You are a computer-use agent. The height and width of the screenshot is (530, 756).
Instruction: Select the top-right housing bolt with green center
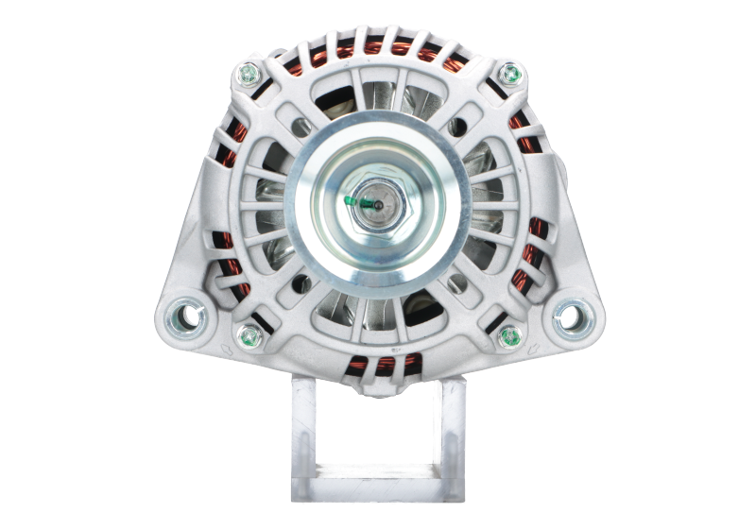(510, 73)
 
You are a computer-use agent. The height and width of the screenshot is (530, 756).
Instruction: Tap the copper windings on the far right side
(532, 255)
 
